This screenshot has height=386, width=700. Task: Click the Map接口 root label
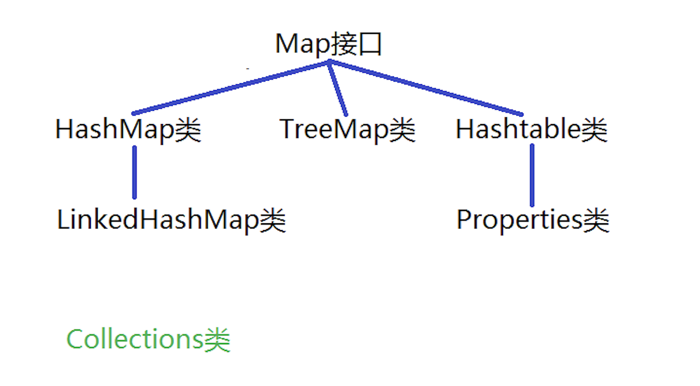coord(328,45)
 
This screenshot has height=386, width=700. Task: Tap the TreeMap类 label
coord(347,130)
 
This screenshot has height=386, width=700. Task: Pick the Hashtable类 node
coord(531,130)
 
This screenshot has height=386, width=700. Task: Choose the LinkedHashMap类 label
coord(171,220)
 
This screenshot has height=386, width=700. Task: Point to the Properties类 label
coord(533,220)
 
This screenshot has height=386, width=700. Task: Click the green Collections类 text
coord(148,339)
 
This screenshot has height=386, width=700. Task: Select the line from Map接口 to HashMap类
coord(231,87)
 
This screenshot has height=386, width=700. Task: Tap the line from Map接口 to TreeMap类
coord(338,89)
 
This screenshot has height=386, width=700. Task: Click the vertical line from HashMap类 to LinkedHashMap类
coord(134,172)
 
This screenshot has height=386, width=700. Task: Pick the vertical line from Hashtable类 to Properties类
coord(532,175)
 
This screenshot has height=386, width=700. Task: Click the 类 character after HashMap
coord(188,130)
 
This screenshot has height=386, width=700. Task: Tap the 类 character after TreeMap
coord(402,130)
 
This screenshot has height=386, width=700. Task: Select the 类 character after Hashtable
coord(594,130)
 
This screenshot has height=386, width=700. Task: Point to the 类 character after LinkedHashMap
coord(272,220)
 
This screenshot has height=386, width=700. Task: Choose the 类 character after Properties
coord(596,220)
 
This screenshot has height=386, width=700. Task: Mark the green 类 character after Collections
coord(217,340)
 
